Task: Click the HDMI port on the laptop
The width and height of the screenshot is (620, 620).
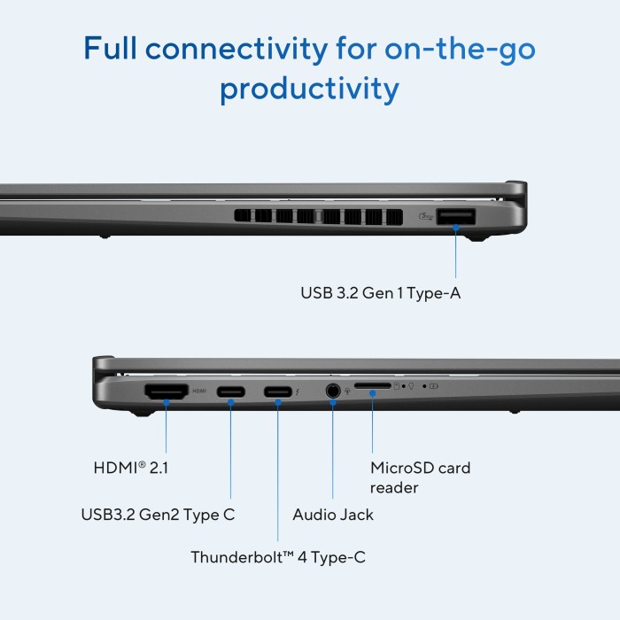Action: [x=167, y=391]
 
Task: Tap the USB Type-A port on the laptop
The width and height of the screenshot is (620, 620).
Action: [x=455, y=217]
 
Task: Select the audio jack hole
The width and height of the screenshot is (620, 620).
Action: [x=333, y=391]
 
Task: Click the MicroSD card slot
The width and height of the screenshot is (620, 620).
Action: [x=373, y=385]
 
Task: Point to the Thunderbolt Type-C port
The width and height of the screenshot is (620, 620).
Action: [x=278, y=391]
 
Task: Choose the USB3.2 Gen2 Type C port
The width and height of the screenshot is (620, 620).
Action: [x=231, y=391]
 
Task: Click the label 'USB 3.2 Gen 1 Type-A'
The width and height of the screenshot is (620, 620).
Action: [x=380, y=293]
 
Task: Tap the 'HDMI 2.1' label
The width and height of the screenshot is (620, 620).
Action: [x=131, y=468]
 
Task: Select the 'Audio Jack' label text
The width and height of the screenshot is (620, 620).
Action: [x=333, y=515]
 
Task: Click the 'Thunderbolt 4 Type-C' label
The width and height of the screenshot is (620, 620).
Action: [x=278, y=557]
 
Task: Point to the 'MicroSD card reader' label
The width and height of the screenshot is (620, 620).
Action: [x=421, y=477]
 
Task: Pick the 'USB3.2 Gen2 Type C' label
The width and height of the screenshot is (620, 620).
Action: [x=158, y=515]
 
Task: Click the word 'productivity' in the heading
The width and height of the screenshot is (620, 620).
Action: [x=310, y=89]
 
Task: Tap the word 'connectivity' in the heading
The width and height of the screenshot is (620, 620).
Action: [x=236, y=49]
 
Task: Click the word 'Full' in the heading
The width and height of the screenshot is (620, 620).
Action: [x=110, y=48]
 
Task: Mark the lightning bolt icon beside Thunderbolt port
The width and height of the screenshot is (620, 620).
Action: [x=297, y=391]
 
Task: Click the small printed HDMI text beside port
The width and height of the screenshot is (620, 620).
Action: [x=199, y=391]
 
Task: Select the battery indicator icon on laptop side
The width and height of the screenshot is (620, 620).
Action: [x=434, y=386]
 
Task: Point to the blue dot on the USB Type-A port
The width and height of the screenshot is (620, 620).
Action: [x=456, y=228]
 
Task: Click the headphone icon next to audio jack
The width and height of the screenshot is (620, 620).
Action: [x=347, y=391]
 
